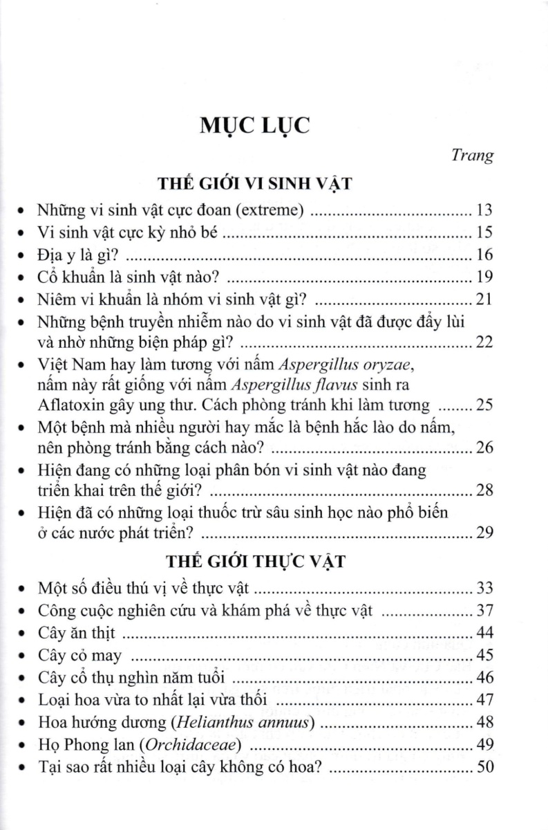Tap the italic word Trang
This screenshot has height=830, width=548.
click(473, 156)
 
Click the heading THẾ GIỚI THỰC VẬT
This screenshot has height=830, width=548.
click(275, 562)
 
